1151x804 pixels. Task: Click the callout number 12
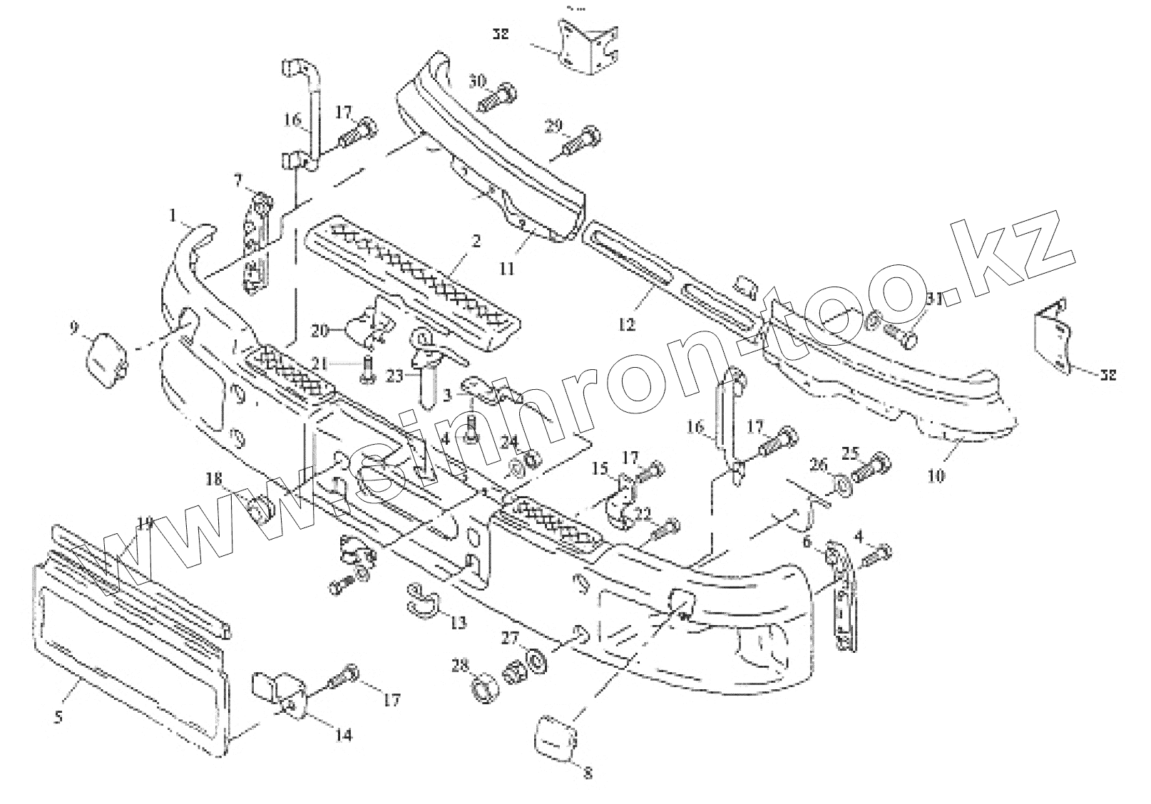(626, 324)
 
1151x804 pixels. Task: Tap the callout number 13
(458, 622)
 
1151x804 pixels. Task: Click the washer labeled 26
(841, 487)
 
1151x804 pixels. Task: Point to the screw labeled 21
(369, 373)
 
